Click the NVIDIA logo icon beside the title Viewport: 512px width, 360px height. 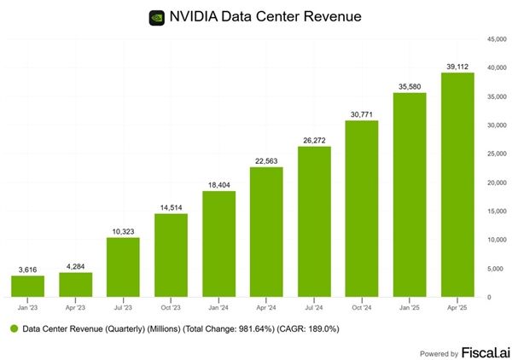pyautogui.click(x=157, y=17)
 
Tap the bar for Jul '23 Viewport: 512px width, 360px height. pyautogui.click(x=124, y=267)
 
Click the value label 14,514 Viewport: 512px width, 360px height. pyautogui.click(x=172, y=206)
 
